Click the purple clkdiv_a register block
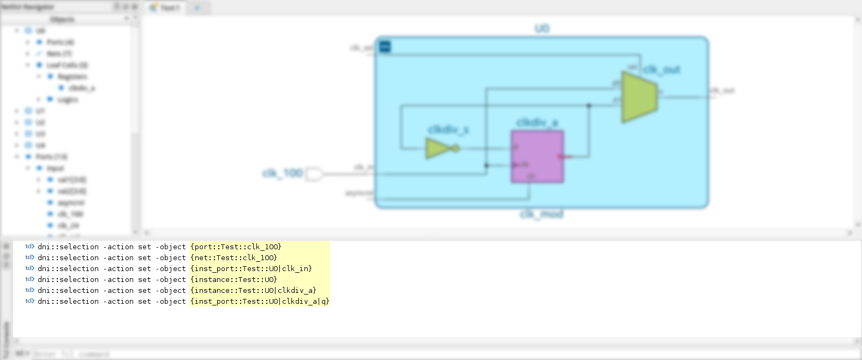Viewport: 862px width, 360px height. pyautogui.click(x=537, y=157)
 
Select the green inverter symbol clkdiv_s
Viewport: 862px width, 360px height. pyautogui.click(x=439, y=148)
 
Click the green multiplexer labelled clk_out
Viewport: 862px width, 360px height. pyautogui.click(x=639, y=97)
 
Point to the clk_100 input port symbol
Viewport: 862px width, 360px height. pyautogui.click(x=314, y=174)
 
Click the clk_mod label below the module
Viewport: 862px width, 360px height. pyautogui.click(x=541, y=214)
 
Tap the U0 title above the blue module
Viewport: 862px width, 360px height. pyautogui.click(x=542, y=28)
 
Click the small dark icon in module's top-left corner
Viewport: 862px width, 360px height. pyautogui.click(x=385, y=47)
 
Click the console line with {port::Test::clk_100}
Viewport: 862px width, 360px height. pyautogui.click(x=235, y=247)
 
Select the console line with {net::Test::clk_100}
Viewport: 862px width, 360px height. pyautogui.click(x=233, y=258)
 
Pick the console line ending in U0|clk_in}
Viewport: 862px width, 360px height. pyautogui.click(x=250, y=269)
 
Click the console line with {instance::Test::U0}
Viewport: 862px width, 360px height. pyautogui.click(x=233, y=280)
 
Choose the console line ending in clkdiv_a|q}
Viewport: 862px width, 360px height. pyautogui.click(x=259, y=302)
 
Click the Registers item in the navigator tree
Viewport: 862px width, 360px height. pyautogui.click(x=72, y=77)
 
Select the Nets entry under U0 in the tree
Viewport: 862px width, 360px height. pyautogui.click(x=58, y=53)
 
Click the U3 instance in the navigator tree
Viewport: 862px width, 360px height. pyautogui.click(x=40, y=134)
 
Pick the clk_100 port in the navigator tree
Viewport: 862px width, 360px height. pyautogui.click(x=70, y=214)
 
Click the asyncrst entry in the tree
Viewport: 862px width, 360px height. pyautogui.click(x=71, y=203)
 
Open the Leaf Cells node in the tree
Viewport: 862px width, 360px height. pyautogui.click(x=67, y=65)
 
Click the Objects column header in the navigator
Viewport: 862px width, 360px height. pyautogui.click(x=62, y=20)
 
